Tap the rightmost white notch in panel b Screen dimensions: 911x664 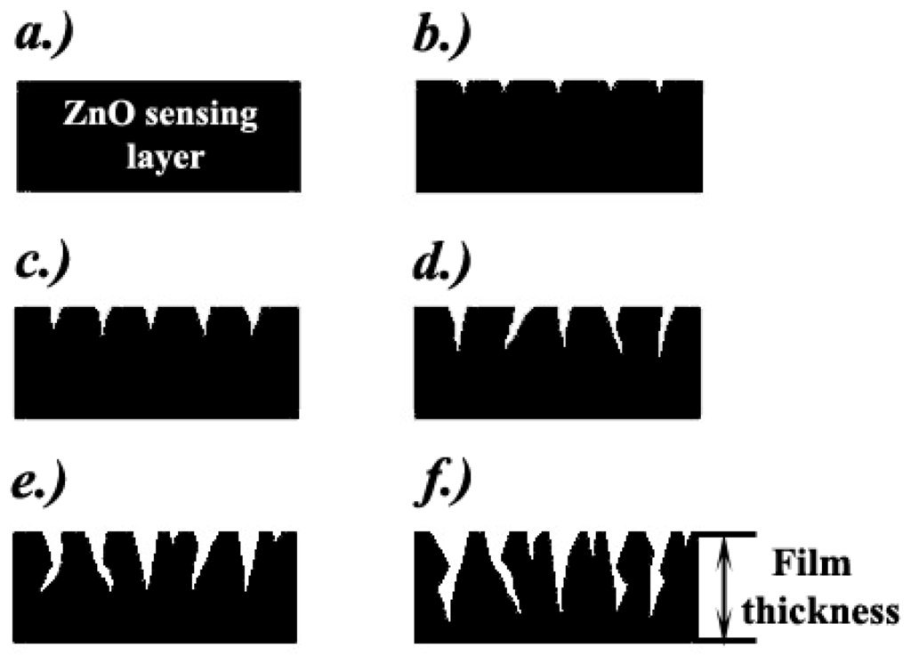point(659,85)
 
